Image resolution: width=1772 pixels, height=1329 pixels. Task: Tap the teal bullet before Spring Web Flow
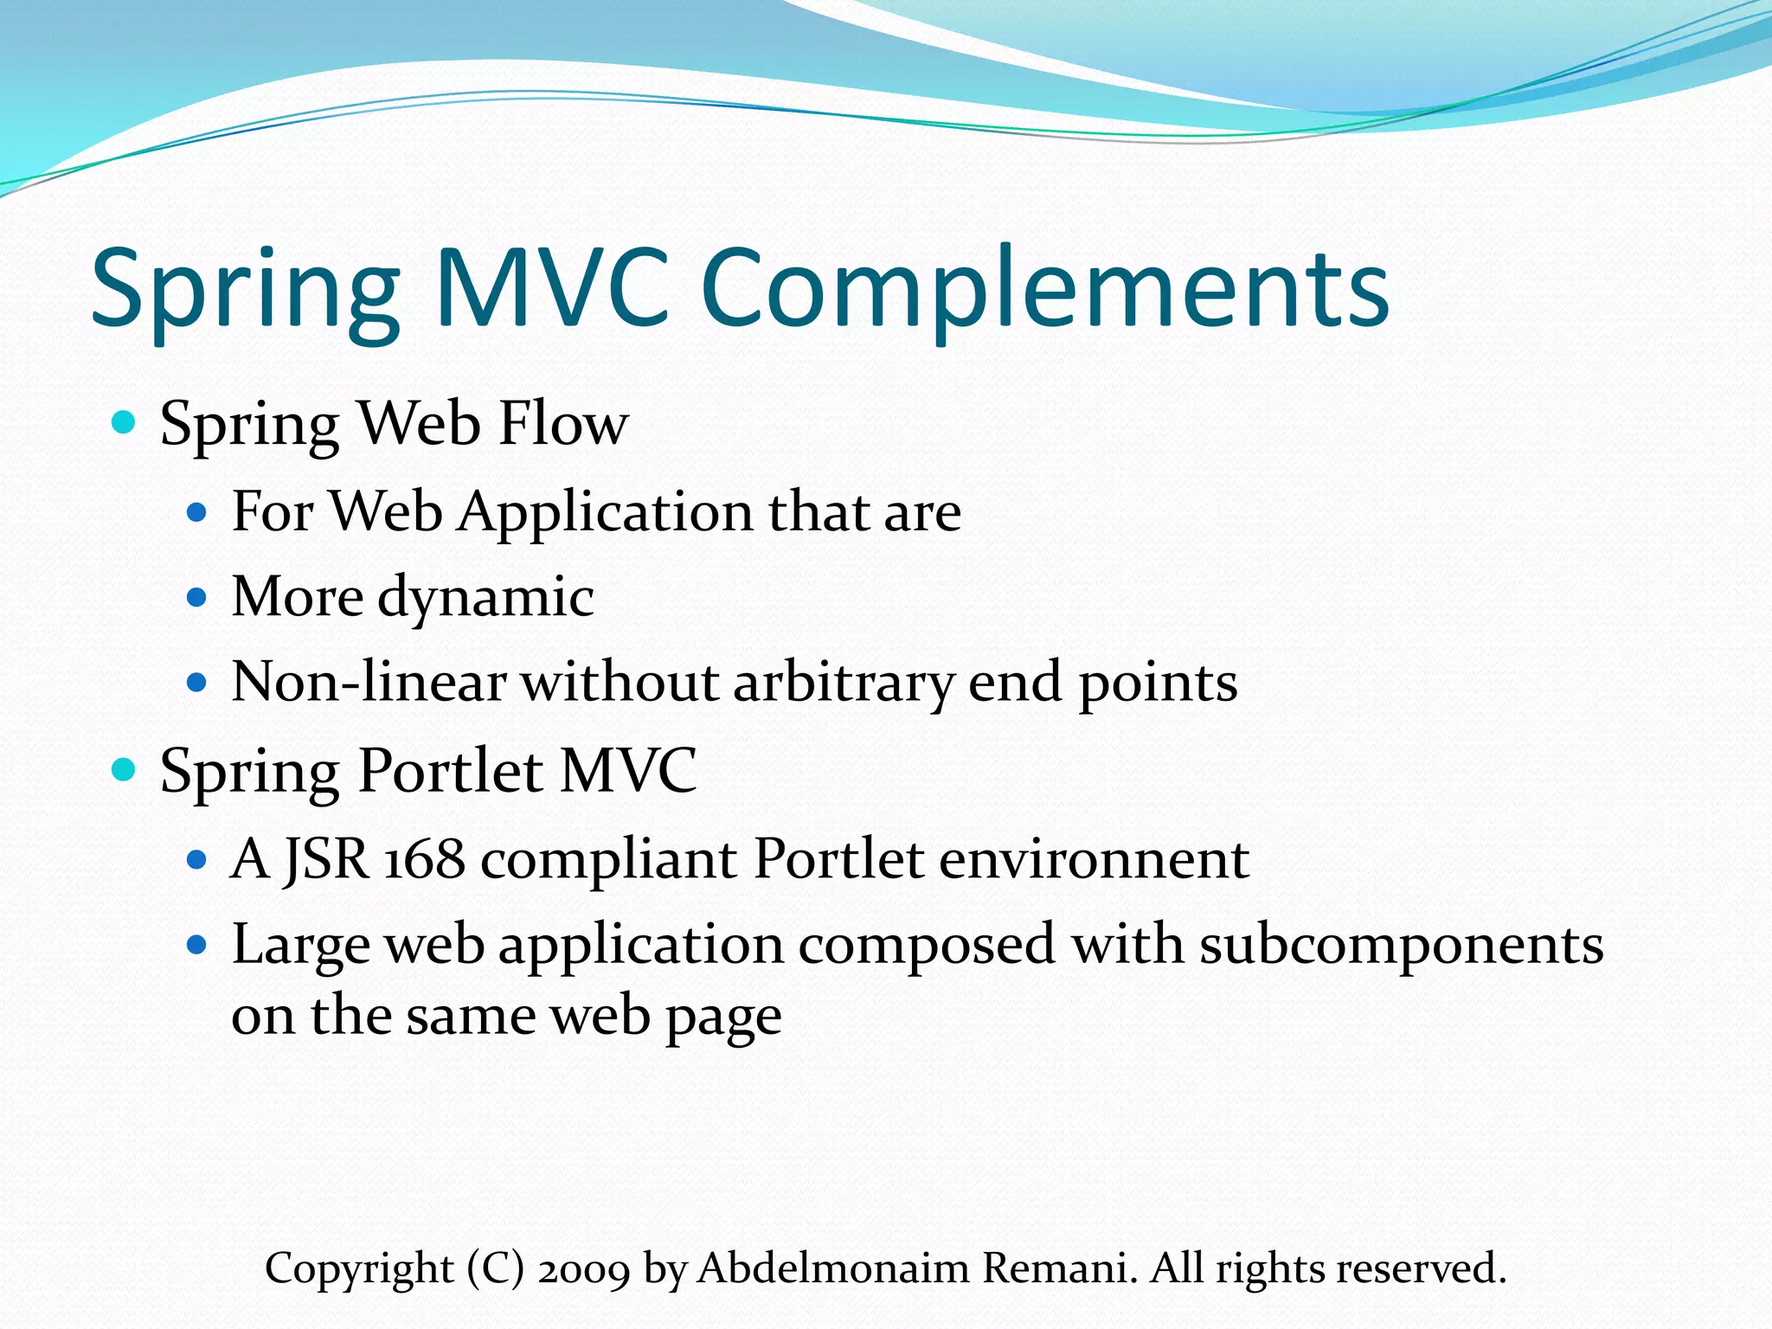[125, 423]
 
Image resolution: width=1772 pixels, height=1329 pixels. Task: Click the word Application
[606, 512]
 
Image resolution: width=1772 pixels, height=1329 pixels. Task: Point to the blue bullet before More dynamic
[197, 597]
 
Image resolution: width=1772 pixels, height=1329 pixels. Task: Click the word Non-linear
[368, 682]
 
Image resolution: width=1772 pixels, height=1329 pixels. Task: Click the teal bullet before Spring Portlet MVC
[125, 769]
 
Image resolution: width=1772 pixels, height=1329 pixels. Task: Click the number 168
[424, 859]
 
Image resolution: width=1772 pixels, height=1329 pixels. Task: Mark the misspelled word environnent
[1094, 859]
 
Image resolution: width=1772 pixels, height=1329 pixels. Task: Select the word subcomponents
[1401, 945]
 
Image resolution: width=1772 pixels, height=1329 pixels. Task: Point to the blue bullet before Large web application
[197, 944]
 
